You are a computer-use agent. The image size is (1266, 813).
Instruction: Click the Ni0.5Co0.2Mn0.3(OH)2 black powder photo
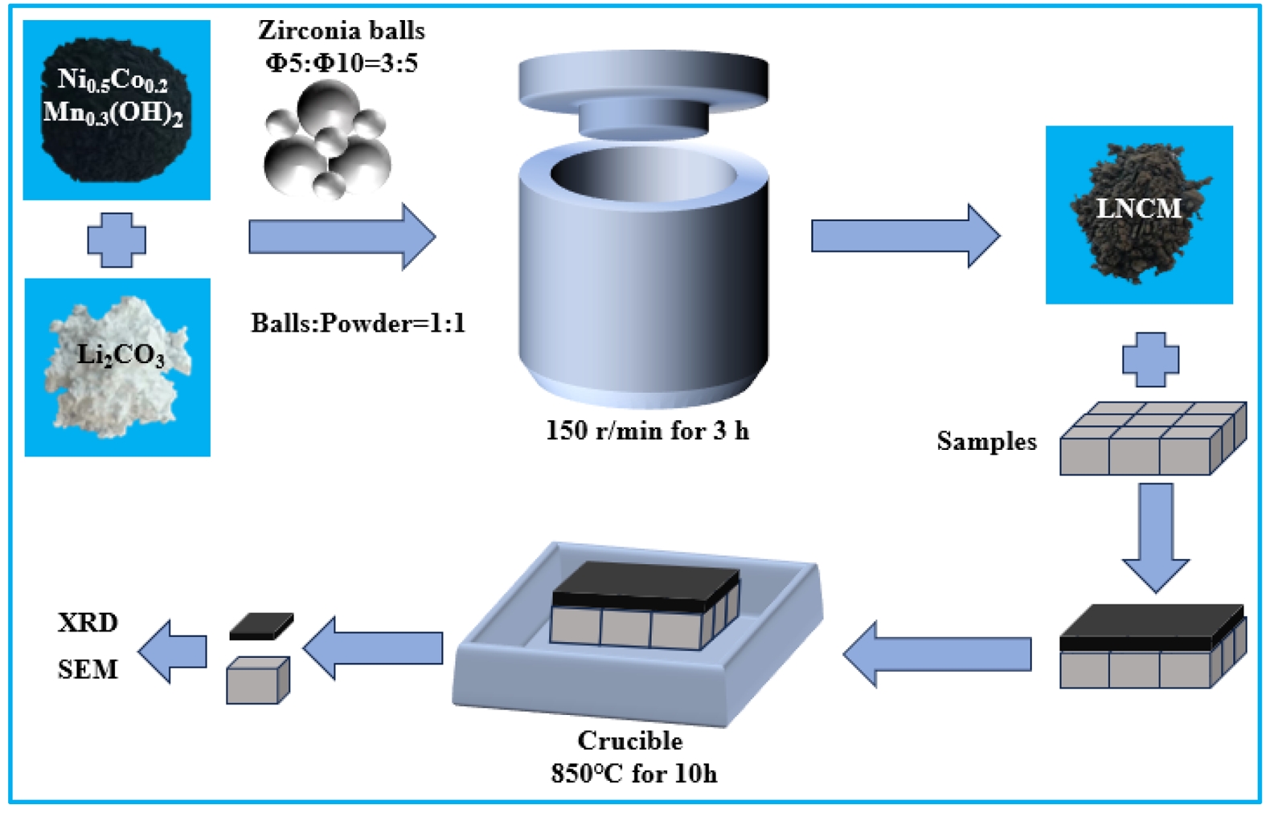117,109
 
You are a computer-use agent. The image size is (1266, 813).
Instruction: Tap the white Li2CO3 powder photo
117,367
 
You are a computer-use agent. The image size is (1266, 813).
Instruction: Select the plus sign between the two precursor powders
117,239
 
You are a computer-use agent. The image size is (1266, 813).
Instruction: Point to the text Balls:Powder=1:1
358,323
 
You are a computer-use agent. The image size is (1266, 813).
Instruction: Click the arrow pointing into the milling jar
342,236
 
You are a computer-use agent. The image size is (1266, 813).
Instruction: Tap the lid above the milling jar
643,92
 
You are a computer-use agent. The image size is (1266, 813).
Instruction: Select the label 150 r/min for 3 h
647,431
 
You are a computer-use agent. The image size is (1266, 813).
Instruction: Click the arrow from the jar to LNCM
905,235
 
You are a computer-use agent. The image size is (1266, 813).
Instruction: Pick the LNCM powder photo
1139,214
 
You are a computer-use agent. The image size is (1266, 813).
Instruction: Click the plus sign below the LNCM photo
1150,359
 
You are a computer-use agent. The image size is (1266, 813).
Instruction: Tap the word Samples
986,441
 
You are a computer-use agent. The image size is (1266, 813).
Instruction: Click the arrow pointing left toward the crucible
937,653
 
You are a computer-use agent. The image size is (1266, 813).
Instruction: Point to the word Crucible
630,740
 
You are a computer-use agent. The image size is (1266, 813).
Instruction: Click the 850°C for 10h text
633,773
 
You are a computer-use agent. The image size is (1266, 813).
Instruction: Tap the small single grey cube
257,680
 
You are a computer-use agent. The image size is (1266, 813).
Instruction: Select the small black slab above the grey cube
261,626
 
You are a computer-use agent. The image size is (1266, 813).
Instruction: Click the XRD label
88,623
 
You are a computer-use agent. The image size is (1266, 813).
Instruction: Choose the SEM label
88,669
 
